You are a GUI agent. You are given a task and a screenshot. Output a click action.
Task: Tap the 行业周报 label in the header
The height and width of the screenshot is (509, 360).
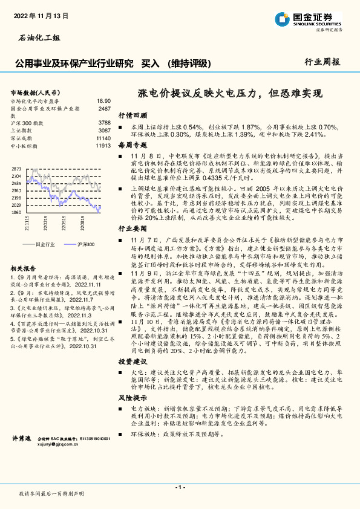321,62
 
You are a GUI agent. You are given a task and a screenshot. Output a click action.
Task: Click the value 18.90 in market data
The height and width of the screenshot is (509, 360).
103,101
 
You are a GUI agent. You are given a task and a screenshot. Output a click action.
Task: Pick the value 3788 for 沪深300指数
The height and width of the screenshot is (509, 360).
104,123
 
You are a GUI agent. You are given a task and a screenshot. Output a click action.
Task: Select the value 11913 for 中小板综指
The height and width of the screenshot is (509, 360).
103,146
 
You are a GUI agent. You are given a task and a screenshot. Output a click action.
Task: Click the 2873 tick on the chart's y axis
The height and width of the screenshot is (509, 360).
16,169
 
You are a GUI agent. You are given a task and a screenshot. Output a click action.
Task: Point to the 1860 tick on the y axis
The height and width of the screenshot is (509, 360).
16,212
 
